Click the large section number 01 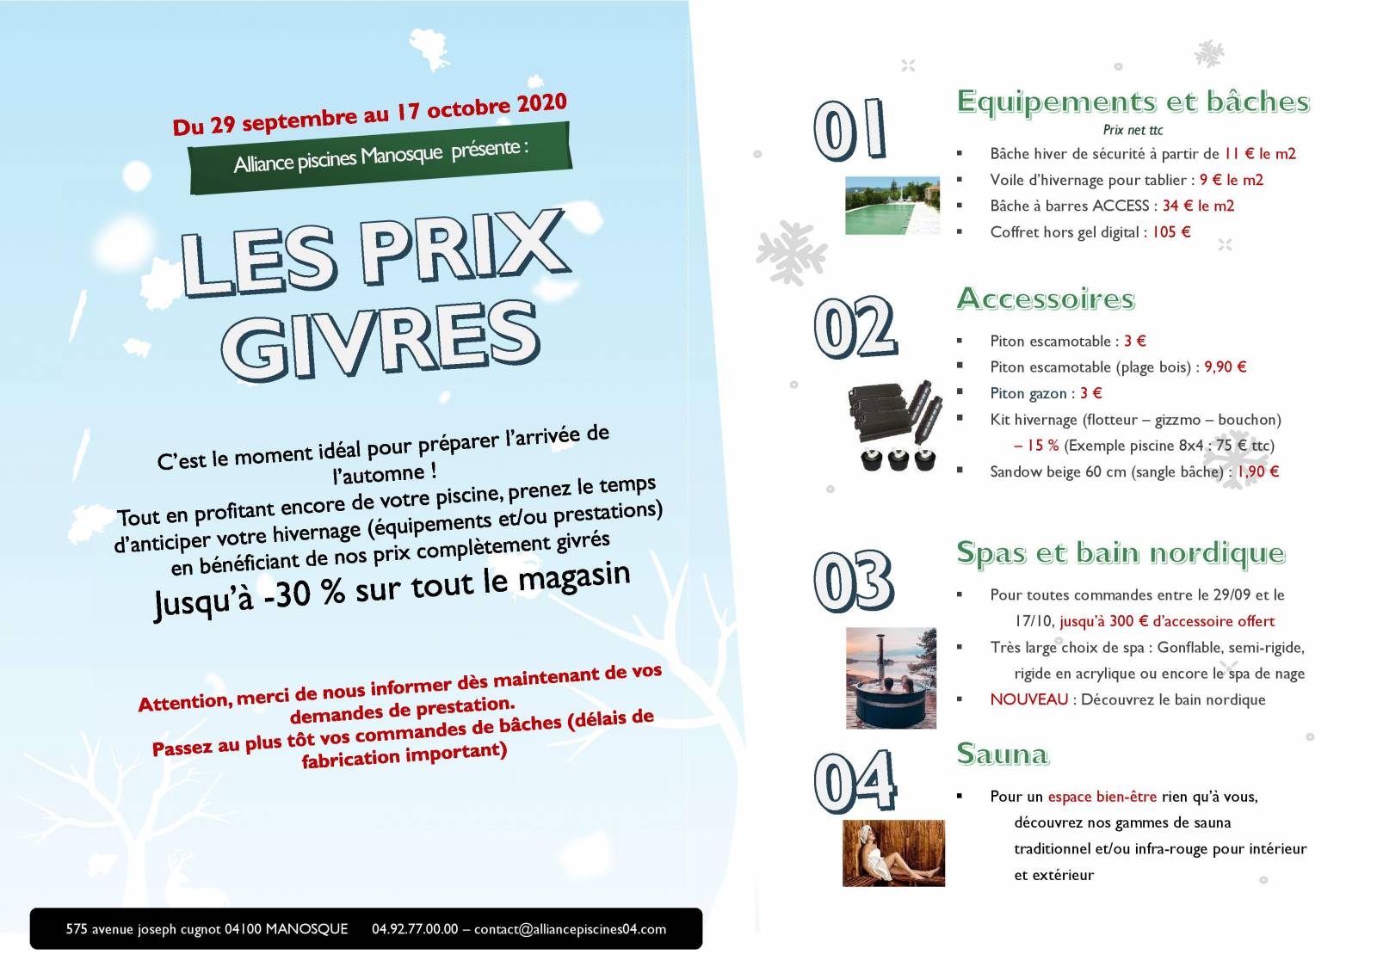point(849,130)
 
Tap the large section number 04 point(855,780)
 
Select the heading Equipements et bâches point(1133,102)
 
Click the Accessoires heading point(1046,299)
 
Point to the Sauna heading point(1003,754)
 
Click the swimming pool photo point(892,206)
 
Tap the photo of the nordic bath point(891,678)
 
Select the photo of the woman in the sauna point(893,853)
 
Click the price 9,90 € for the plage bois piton point(1225,367)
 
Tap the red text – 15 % point(1036,446)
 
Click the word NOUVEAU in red point(1028,699)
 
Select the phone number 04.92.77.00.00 point(415,929)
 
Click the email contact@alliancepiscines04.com point(570,929)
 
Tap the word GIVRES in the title point(380,341)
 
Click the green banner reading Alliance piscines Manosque point(380,157)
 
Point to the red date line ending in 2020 point(369,114)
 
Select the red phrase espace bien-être point(1102,797)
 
